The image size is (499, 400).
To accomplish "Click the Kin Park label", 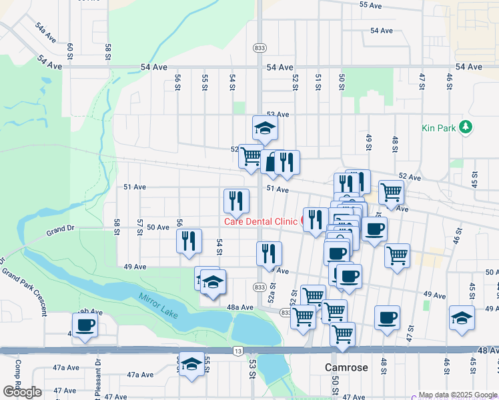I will (438, 127).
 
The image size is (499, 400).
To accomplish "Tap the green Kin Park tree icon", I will (466, 127).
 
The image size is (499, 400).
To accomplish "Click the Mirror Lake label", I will (159, 305).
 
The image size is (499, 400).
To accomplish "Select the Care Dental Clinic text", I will (260, 221).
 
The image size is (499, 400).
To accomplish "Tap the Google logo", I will (22, 392).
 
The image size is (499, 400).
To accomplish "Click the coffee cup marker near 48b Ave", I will (85, 325).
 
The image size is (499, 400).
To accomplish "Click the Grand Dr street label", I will (60, 231).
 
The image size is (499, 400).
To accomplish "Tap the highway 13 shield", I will (238, 349).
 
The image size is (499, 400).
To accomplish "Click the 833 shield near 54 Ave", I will (260, 48).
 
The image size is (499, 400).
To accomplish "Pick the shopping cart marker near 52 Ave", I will (251, 157).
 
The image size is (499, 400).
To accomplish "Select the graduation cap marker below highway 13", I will (191, 364).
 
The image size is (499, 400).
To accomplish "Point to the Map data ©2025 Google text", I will (457, 395).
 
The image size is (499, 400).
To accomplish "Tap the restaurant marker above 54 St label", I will (235, 200).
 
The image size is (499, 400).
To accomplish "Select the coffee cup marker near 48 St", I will (387, 317).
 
